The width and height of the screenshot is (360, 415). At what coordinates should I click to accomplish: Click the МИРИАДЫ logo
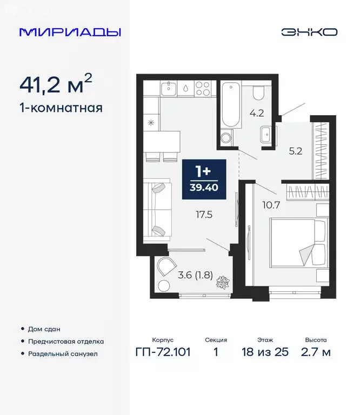click(x=70, y=32)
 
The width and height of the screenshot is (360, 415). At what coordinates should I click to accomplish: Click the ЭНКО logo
click(x=309, y=32)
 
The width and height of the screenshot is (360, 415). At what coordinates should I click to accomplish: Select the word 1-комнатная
click(x=61, y=108)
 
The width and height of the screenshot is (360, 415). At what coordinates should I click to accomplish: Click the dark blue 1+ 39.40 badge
click(x=204, y=177)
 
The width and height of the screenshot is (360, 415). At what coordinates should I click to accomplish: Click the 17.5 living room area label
click(x=204, y=214)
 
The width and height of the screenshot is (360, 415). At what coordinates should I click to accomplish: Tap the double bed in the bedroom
click(x=299, y=244)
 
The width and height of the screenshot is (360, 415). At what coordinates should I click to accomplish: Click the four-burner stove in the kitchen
click(x=202, y=88)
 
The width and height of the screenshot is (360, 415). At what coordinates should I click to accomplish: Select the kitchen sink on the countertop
click(x=169, y=88)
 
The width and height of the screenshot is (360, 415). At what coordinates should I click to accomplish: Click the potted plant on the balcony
click(x=223, y=283)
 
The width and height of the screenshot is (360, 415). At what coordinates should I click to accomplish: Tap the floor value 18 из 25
click(x=265, y=352)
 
